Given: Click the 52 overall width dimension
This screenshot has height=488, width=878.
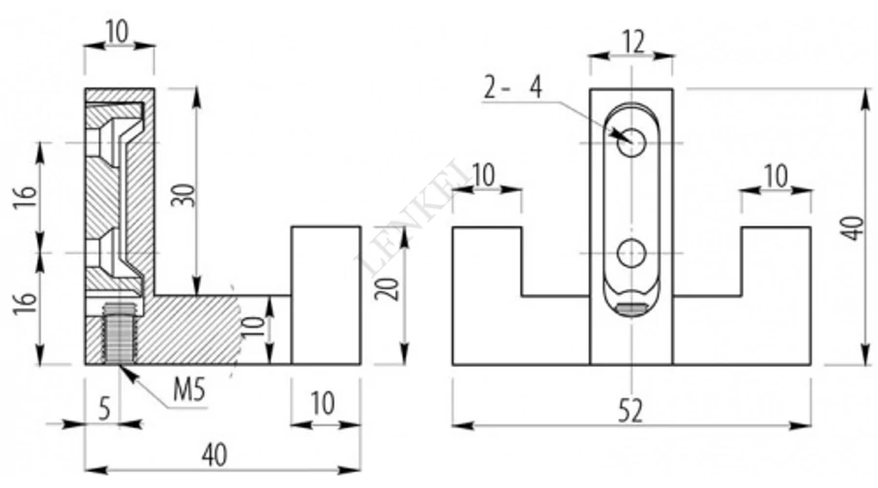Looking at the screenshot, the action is (x=631, y=412).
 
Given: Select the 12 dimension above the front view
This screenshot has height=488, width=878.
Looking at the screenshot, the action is (x=633, y=42).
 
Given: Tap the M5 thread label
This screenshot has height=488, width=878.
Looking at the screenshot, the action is (x=189, y=390).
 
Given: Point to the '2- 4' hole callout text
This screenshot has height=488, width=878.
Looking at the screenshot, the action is (x=513, y=88).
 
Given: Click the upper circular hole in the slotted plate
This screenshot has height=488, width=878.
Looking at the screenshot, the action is (x=631, y=142).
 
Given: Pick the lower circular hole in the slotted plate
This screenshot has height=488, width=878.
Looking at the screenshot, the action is (x=631, y=253).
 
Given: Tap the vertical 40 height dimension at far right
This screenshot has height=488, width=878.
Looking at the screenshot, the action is (x=854, y=228).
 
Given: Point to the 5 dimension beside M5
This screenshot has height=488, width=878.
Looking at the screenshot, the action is (x=104, y=410).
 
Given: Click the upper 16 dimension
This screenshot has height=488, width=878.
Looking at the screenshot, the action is (x=25, y=195).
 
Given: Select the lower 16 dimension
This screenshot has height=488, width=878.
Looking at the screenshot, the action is (x=25, y=304).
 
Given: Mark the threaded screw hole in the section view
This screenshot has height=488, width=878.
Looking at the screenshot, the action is (x=118, y=333).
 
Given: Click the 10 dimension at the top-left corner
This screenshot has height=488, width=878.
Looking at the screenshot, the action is (x=118, y=33).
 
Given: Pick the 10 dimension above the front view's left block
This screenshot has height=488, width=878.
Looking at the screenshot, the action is (x=484, y=176).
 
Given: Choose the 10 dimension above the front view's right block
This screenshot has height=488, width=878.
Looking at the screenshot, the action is (x=777, y=176).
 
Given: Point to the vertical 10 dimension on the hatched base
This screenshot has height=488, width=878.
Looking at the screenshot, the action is (x=254, y=327).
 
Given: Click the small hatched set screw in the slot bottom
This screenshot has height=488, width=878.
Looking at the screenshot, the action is (x=631, y=308).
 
